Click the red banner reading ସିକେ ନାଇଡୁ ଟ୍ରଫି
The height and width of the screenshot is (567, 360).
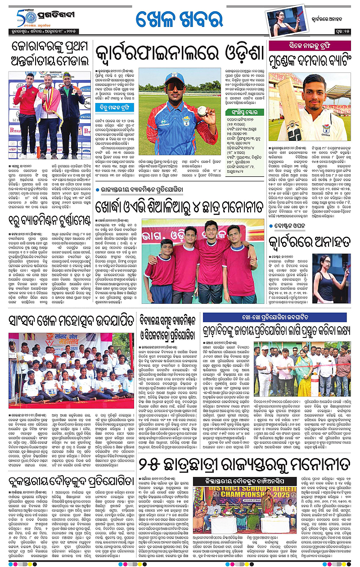pyautogui.click(x=309, y=45)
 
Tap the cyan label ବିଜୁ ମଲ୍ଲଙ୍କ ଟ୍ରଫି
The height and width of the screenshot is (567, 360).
pyautogui.click(x=115, y=107)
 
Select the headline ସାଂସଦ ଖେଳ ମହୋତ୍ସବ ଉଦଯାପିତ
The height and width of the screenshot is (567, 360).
pyautogui.click(x=72, y=321)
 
